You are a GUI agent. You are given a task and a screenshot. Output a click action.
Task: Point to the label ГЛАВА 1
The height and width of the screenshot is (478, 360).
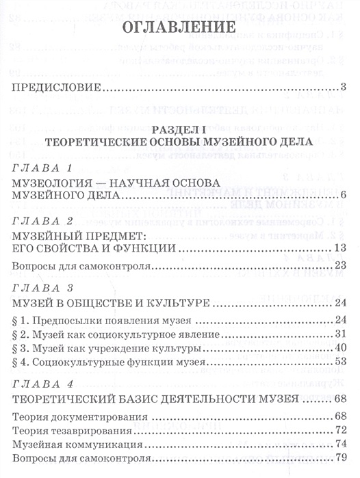point(43,167)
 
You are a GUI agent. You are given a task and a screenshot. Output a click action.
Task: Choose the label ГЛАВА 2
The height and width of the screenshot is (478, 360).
point(43,220)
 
